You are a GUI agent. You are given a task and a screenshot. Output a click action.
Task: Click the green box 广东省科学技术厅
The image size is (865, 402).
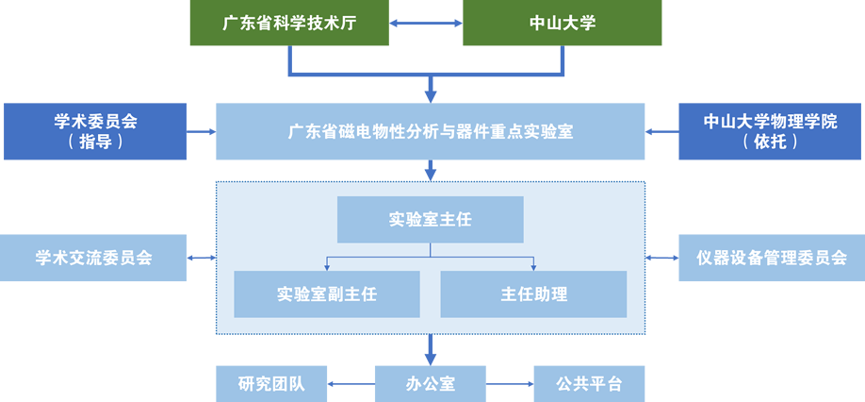[288, 24]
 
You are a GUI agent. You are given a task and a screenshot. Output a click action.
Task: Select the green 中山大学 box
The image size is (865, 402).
[562, 24]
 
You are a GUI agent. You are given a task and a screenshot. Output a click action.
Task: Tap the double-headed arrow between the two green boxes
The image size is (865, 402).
[425, 24]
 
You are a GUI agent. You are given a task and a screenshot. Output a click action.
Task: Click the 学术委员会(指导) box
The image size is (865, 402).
[95, 131]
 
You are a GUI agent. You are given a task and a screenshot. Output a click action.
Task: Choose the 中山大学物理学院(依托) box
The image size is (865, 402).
[770, 131]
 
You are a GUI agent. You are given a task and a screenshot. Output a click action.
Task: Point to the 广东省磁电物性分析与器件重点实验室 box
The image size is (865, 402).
[431, 131]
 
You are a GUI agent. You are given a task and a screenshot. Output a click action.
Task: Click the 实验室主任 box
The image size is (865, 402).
[430, 220]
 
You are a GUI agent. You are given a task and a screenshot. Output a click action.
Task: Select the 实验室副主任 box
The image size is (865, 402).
[327, 293]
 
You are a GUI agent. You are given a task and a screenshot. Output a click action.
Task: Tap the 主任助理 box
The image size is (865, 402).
[533, 293]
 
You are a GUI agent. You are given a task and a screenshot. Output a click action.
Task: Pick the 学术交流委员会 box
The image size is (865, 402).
[93, 258]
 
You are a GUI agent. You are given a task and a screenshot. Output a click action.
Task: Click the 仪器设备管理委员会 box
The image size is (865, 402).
[771, 258]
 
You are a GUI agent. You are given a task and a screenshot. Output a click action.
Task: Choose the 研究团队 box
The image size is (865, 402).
[271, 384]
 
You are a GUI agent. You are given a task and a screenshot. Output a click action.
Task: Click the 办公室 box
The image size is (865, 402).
[431, 384]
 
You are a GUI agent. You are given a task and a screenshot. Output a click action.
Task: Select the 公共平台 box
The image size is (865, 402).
[589, 384]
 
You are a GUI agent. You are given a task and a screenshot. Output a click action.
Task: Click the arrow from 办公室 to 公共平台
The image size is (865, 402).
[510, 384]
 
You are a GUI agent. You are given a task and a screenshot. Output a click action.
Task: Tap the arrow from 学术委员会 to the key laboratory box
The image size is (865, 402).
[202, 131]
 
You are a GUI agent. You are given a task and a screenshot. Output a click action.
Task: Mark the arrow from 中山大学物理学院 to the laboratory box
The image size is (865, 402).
[661, 131]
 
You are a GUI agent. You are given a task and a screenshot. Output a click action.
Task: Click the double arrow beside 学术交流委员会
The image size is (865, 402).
[202, 258]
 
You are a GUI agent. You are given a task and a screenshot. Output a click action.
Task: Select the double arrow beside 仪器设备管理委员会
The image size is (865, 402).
[661, 258]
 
